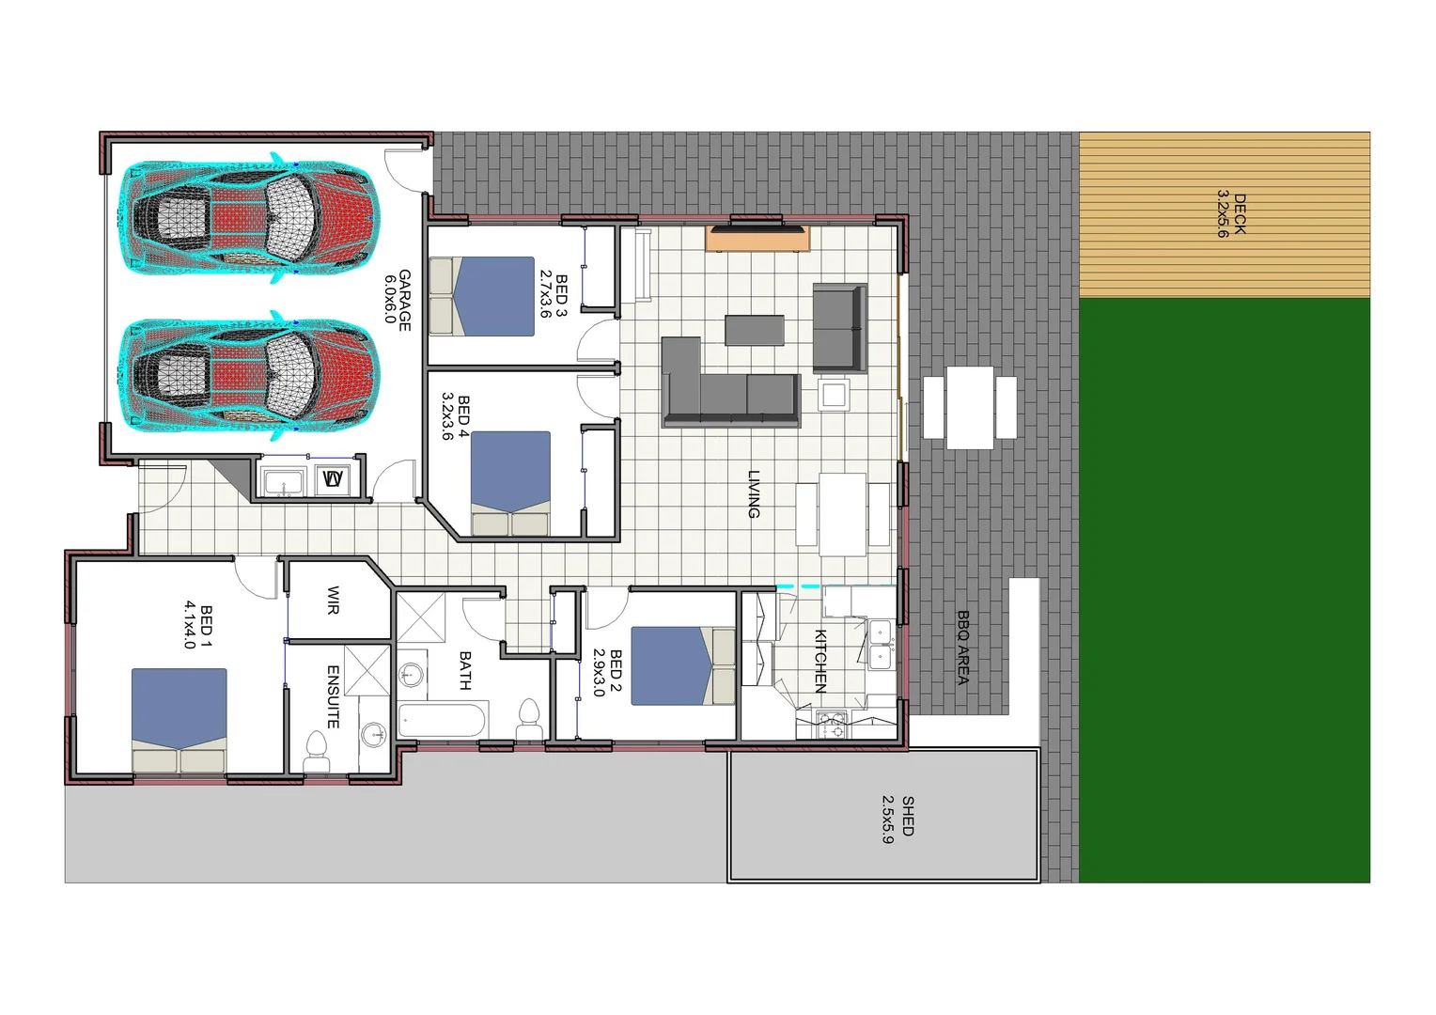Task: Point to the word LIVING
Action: (x=754, y=494)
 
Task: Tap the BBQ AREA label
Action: (x=962, y=648)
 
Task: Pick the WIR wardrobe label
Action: (x=333, y=601)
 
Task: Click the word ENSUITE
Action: (x=333, y=696)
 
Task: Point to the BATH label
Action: (x=465, y=670)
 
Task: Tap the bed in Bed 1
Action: (x=179, y=719)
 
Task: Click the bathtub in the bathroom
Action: (x=442, y=721)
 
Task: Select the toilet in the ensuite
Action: (x=316, y=754)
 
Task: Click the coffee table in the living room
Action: (x=755, y=330)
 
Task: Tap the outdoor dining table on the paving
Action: (x=970, y=407)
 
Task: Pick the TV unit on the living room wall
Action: (x=757, y=238)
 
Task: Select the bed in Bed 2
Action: (x=682, y=665)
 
